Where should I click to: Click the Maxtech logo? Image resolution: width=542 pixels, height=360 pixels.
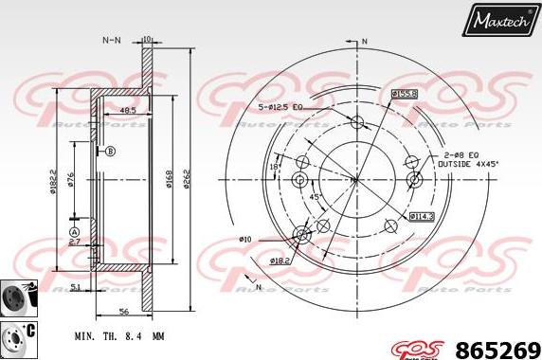point(501,19)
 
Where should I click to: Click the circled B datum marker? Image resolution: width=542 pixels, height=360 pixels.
point(110,152)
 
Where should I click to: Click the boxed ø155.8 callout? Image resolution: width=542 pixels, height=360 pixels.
point(405,94)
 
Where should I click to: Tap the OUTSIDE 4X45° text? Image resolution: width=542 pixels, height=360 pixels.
point(468,163)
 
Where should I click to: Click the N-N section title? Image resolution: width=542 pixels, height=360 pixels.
point(112,41)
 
